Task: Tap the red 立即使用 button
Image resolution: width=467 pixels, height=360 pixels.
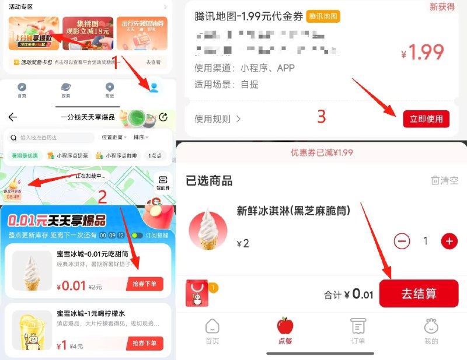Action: pyautogui.click(x=426, y=119)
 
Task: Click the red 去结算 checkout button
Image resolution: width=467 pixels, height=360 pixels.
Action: pyautogui.click(x=418, y=293)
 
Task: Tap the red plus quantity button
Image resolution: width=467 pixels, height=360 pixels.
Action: pyautogui.click(x=449, y=241)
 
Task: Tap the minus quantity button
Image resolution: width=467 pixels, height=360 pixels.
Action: pyautogui.click(x=402, y=241)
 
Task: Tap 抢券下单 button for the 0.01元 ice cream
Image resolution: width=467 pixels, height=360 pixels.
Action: pyautogui.click(x=145, y=284)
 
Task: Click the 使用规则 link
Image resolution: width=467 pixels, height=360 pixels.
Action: pyautogui.click(x=218, y=119)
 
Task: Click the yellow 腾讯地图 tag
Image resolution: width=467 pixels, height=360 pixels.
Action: pyautogui.click(x=323, y=16)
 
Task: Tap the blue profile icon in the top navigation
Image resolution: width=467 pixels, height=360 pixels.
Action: pyautogui.click(x=154, y=88)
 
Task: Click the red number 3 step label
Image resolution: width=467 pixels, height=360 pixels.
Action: pyautogui.click(x=321, y=117)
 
